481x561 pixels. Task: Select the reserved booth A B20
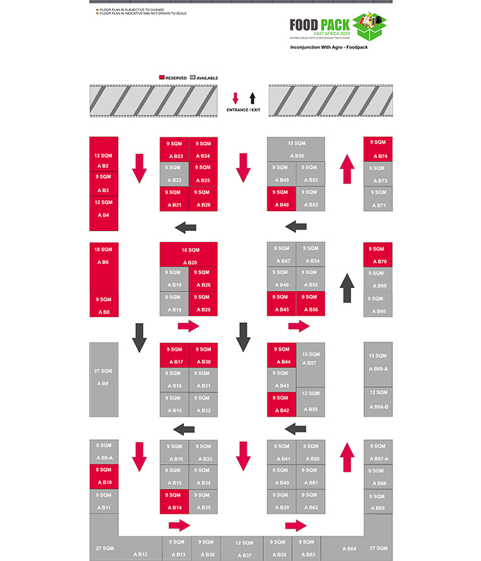pos(189,255)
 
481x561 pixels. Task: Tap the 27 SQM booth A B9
pos(104,378)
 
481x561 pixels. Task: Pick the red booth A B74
pos(378,149)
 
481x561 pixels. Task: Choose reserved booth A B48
pos(281,199)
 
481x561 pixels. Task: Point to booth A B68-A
pos(378,362)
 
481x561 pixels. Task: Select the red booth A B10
pos(104,476)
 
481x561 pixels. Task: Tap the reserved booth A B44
pos(281,355)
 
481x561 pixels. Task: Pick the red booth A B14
pos(175,501)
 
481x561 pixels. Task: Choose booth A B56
pos(311,303)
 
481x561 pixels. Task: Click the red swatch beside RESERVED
pos(162,78)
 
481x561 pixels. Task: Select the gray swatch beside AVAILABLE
pos(192,78)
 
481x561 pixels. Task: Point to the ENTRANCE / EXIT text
pos(243,110)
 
